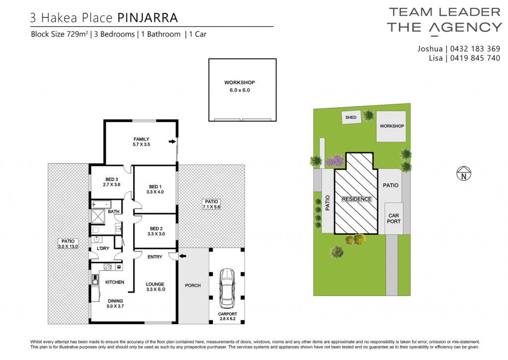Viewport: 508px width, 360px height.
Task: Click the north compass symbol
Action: [464, 173]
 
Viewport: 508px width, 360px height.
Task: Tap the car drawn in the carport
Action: [227, 288]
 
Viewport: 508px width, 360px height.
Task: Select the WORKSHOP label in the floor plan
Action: [240, 82]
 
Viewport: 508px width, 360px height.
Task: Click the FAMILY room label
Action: [141, 139]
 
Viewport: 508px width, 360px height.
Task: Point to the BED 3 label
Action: [112, 179]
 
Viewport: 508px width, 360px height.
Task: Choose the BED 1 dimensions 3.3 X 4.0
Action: [155, 192]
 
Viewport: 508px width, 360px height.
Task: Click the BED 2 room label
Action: [156, 228]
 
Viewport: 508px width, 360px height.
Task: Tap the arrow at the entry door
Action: [183, 256]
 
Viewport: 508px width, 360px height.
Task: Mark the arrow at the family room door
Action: [172, 142]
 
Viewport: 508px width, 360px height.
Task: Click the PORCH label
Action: [193, 286]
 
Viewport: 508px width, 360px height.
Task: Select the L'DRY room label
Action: [103, 248]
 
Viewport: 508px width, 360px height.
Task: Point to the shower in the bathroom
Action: [98, 217]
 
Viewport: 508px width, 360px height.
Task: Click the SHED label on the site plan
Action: [351, 117]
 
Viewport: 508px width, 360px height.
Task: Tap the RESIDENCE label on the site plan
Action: [357, 199]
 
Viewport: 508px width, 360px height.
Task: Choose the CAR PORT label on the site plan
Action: [394, 218]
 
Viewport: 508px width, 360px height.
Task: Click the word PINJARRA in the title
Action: [147, 17]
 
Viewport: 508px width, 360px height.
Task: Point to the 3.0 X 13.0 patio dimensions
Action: [68, 246]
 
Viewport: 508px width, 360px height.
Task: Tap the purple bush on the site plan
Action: [335, 161]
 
